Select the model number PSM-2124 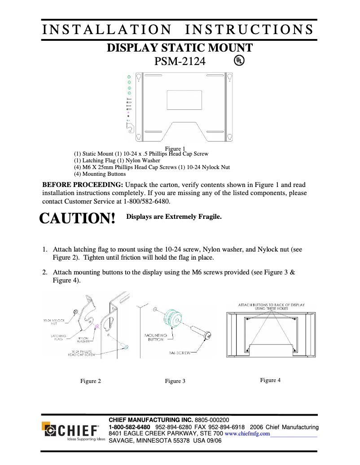tap(180, 61)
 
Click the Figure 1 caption tap(175, 148)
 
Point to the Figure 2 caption tap(90, 381)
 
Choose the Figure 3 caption tap(175, 381)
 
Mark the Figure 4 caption tap(270, 380)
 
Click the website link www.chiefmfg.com tap(247, 434)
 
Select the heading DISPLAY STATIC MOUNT tap(180, 48)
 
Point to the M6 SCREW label tap(179, 353)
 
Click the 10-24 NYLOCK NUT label tap(53, 322)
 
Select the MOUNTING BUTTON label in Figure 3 tap(156, 337)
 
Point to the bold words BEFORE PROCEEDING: tap(83, 184)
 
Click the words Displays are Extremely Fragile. tap(174, 217)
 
